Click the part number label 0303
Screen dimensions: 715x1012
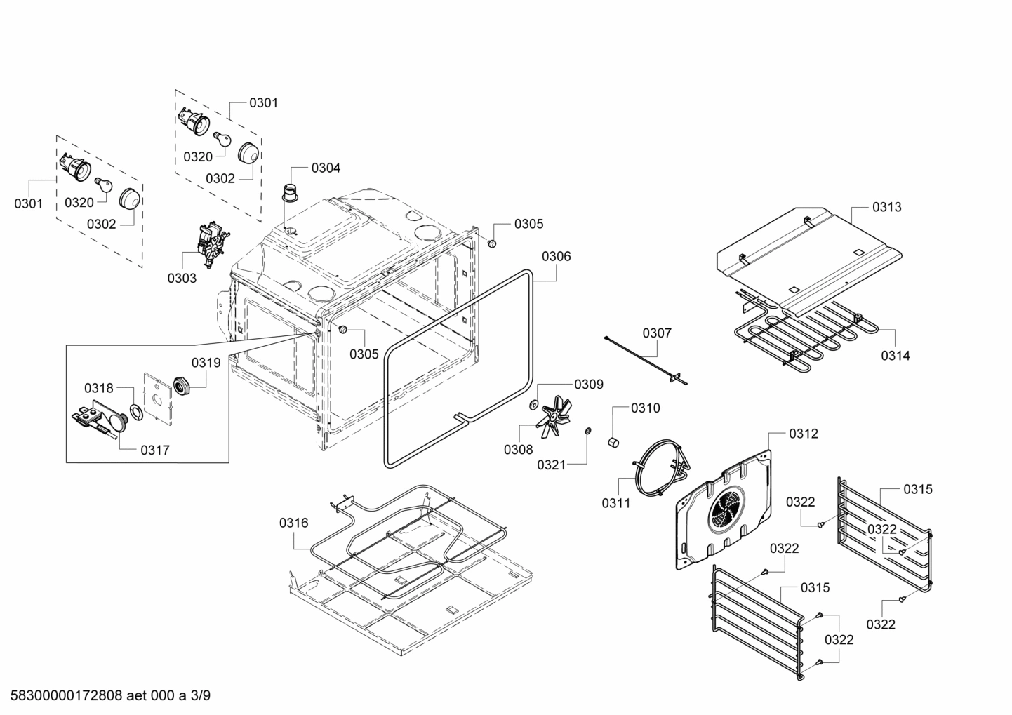182,278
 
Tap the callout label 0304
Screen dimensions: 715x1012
326,168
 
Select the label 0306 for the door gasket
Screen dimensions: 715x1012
557,256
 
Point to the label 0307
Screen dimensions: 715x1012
657,333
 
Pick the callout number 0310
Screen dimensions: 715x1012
645,408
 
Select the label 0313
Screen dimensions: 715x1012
887,207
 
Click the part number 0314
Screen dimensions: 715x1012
896,356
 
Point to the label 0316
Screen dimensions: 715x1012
293,522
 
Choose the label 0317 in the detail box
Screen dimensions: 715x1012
154,450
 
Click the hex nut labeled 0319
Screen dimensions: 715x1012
182,386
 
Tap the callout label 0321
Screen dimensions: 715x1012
552,465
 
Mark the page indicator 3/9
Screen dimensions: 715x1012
200,696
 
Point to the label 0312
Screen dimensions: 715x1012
804,434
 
